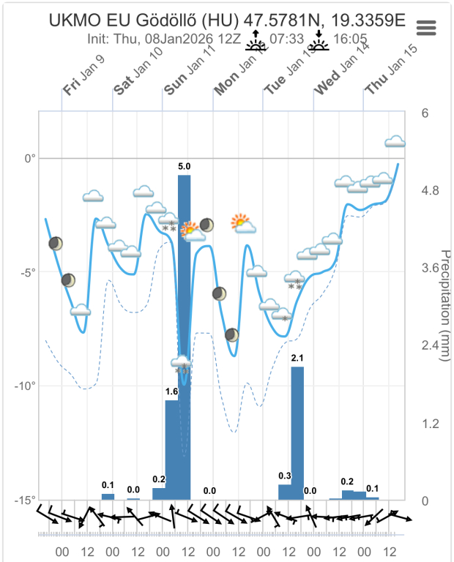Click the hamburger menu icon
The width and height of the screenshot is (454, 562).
(426, 27)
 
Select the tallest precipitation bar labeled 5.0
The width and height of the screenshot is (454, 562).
(185, 337)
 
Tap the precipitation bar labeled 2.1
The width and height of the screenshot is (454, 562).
(297, 432)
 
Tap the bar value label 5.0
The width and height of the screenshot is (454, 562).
(185, 167)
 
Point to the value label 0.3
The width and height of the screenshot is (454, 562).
(285, 476)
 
